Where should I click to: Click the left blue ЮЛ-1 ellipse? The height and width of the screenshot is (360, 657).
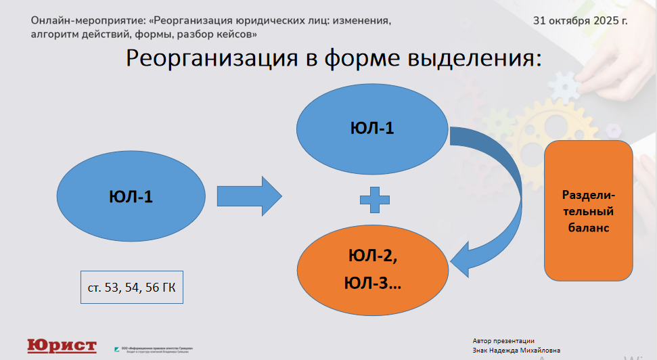point(131,197)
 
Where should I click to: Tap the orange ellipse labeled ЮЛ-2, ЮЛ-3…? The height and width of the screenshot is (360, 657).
point(373,269)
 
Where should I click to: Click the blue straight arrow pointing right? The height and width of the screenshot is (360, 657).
point(248,197)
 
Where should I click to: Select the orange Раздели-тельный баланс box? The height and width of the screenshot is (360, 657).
point(588,210)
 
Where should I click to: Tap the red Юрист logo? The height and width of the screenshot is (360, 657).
point(62,346)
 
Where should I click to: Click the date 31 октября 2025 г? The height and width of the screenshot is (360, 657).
point(580,20)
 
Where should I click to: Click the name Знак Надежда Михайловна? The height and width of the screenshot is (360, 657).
point(516,351)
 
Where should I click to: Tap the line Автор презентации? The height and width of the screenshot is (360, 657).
point(504,341)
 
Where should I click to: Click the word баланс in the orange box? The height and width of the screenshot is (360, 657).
point(587,228)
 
